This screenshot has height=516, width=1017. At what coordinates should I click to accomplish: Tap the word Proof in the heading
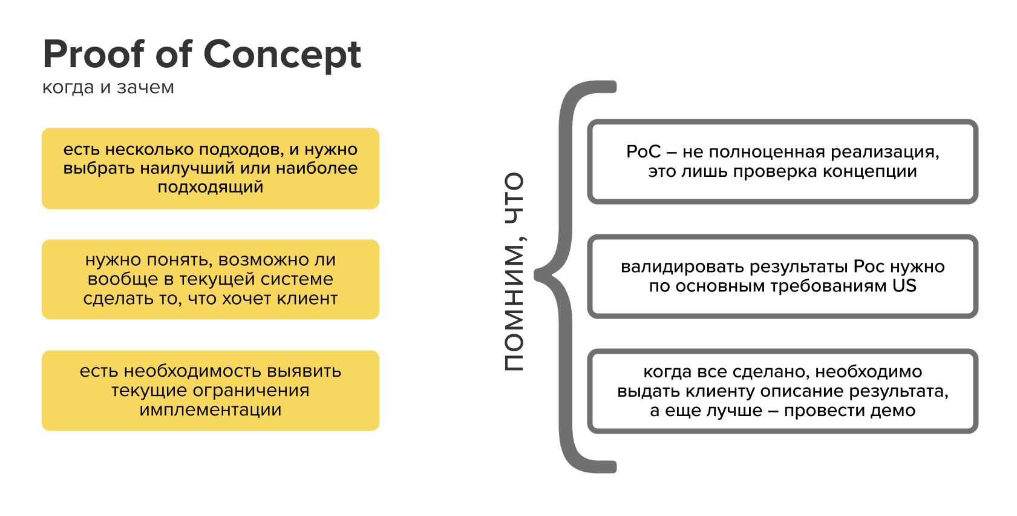(94, 54)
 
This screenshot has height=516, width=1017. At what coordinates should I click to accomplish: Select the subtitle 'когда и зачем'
(108, 88)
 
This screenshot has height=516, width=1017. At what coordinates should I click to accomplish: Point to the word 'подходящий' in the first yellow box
(211, 187)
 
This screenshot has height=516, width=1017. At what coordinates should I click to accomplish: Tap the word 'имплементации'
(211, 410)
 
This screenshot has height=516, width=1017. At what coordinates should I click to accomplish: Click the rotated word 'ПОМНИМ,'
(514, 308)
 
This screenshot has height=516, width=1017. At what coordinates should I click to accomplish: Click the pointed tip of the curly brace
(537, 275)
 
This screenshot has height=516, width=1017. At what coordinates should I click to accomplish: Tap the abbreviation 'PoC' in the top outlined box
(643, 152)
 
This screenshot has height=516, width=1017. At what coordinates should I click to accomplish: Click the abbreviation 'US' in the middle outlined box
(904, 286)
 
